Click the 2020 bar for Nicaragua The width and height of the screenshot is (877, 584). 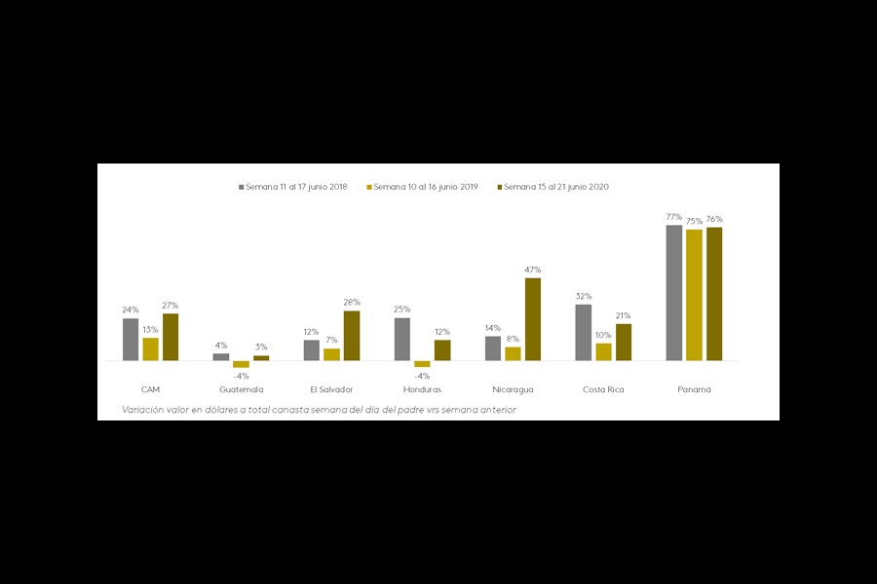click(x=533, y=319)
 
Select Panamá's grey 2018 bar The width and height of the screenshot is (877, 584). click(x=673, y=292)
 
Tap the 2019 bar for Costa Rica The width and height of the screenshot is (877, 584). click(x=603, y=351)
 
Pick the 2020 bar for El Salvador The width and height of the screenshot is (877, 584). click(x=352, y=336)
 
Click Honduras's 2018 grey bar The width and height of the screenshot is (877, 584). click(x=402, y=339)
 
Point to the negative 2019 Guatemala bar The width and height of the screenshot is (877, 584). click(x=241, y=364)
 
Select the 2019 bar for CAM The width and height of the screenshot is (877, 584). click(x=150, y=348)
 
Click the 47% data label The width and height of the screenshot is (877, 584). click(x=533, y=270)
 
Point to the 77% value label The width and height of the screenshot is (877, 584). click(x=673, y=217)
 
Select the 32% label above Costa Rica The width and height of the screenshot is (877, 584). click(x=583, y=296)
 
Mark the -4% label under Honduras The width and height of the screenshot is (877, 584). click(x=422, y=376)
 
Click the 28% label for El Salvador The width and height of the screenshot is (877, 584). click(x=352, y=303)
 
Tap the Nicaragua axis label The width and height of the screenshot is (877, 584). click(x=513, y=389)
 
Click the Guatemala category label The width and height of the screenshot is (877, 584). click(x=241, y=389)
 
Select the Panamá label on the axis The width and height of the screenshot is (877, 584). click(x=694, y=389)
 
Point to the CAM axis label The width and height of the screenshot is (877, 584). click(x=150, y=389)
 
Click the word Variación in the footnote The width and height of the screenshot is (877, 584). click(x=142, y=410)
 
